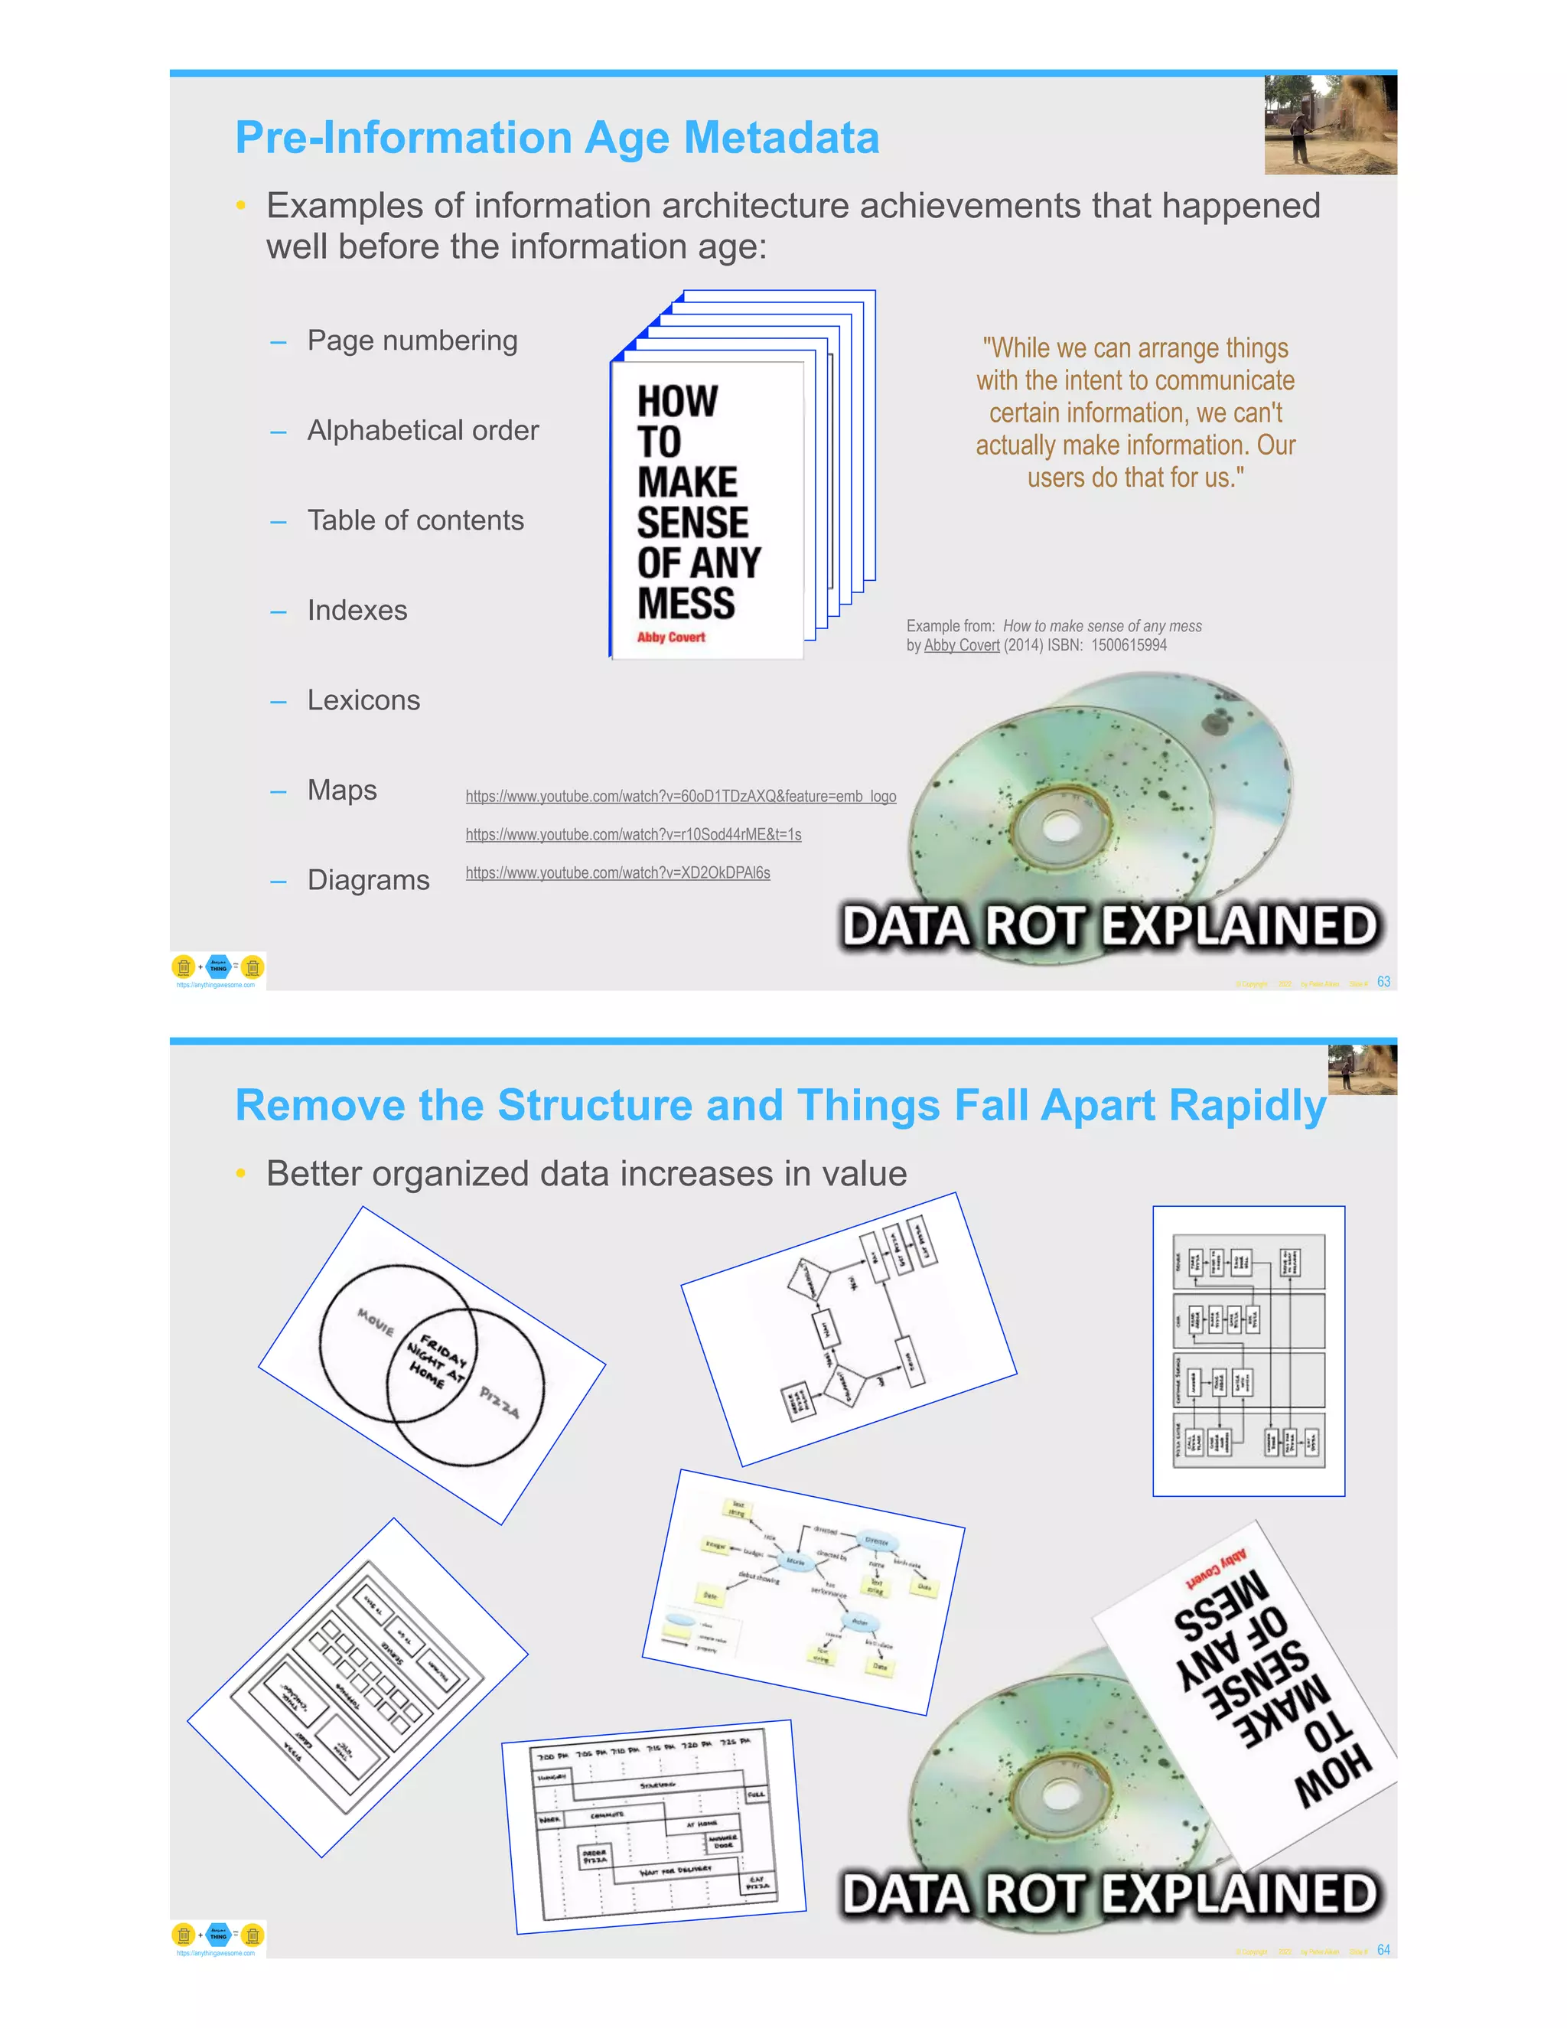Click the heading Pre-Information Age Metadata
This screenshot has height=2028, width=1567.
(557, 138)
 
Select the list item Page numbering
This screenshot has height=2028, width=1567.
(412, 341)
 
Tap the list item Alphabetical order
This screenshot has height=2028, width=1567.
(422, 431)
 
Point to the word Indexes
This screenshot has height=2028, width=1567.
(357, 611)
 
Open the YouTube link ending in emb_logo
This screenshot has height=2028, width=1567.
(680, 797)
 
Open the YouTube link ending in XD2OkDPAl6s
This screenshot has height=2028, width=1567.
(617, 873)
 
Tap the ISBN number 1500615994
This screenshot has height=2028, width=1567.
(1129, 645)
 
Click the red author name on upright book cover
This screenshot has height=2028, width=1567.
(670, 637)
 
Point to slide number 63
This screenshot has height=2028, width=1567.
(1383, 982)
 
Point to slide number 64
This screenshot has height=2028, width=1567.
(1383, 1950)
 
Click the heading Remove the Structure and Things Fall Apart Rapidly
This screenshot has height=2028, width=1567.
(780, 1105)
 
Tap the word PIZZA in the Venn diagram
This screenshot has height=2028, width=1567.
(500, 1402)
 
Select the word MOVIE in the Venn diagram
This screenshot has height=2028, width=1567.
(376, 1322)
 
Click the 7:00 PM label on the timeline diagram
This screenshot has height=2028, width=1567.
(552, 1757)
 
